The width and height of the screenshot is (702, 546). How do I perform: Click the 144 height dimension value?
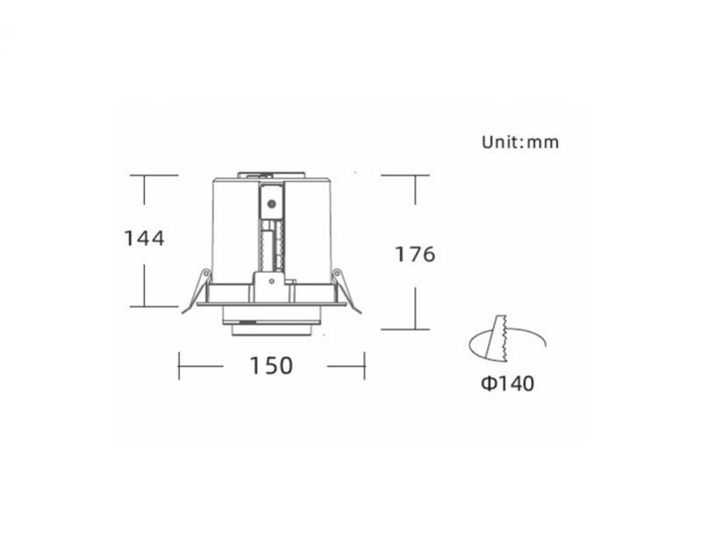(x=144, y=238)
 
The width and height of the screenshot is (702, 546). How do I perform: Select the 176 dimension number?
(x=415, y=254)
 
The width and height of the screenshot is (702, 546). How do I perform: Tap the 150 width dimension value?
(x=271, y=365)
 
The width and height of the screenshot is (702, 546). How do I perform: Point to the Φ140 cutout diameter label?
(x=507, y=384)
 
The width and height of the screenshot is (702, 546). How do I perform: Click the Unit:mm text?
(x=520, y=142)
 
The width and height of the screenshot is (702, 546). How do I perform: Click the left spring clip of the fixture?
(x=196, y=291)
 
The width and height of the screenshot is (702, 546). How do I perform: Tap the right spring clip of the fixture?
(x=346, y=291)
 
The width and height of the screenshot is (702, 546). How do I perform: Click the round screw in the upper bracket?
(x=271, y=205)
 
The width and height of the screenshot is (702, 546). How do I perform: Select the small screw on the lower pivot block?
(x=271, y=281)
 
